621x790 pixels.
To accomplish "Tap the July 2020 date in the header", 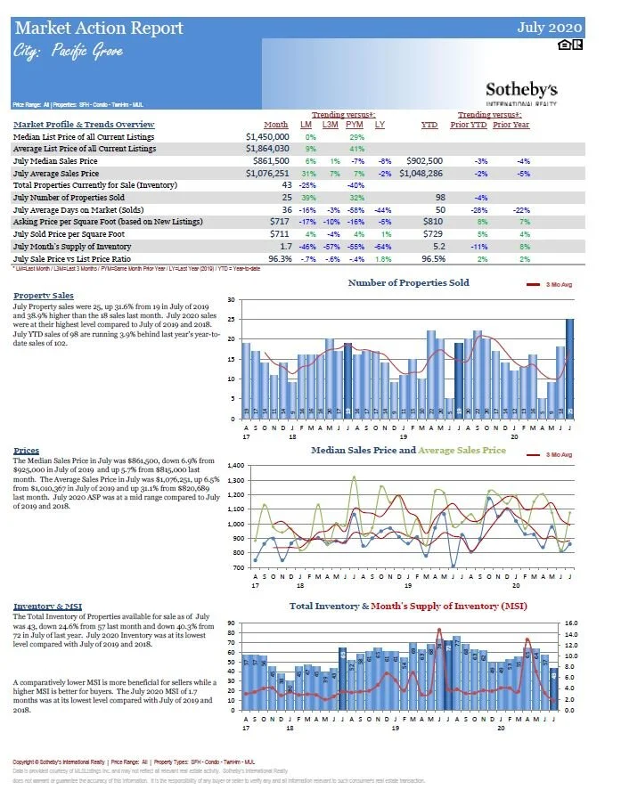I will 551,28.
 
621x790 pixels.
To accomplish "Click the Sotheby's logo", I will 521,91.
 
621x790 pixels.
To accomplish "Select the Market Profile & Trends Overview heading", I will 84,124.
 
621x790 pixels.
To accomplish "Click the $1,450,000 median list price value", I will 267,137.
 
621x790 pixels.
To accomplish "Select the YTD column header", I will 429,125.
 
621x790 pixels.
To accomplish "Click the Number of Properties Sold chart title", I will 408,283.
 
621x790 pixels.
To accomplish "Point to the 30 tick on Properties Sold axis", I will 231,300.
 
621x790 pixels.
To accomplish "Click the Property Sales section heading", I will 44,295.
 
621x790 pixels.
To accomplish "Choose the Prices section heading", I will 27,451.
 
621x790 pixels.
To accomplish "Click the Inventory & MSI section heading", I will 47,607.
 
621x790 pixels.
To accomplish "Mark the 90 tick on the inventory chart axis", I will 231,623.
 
